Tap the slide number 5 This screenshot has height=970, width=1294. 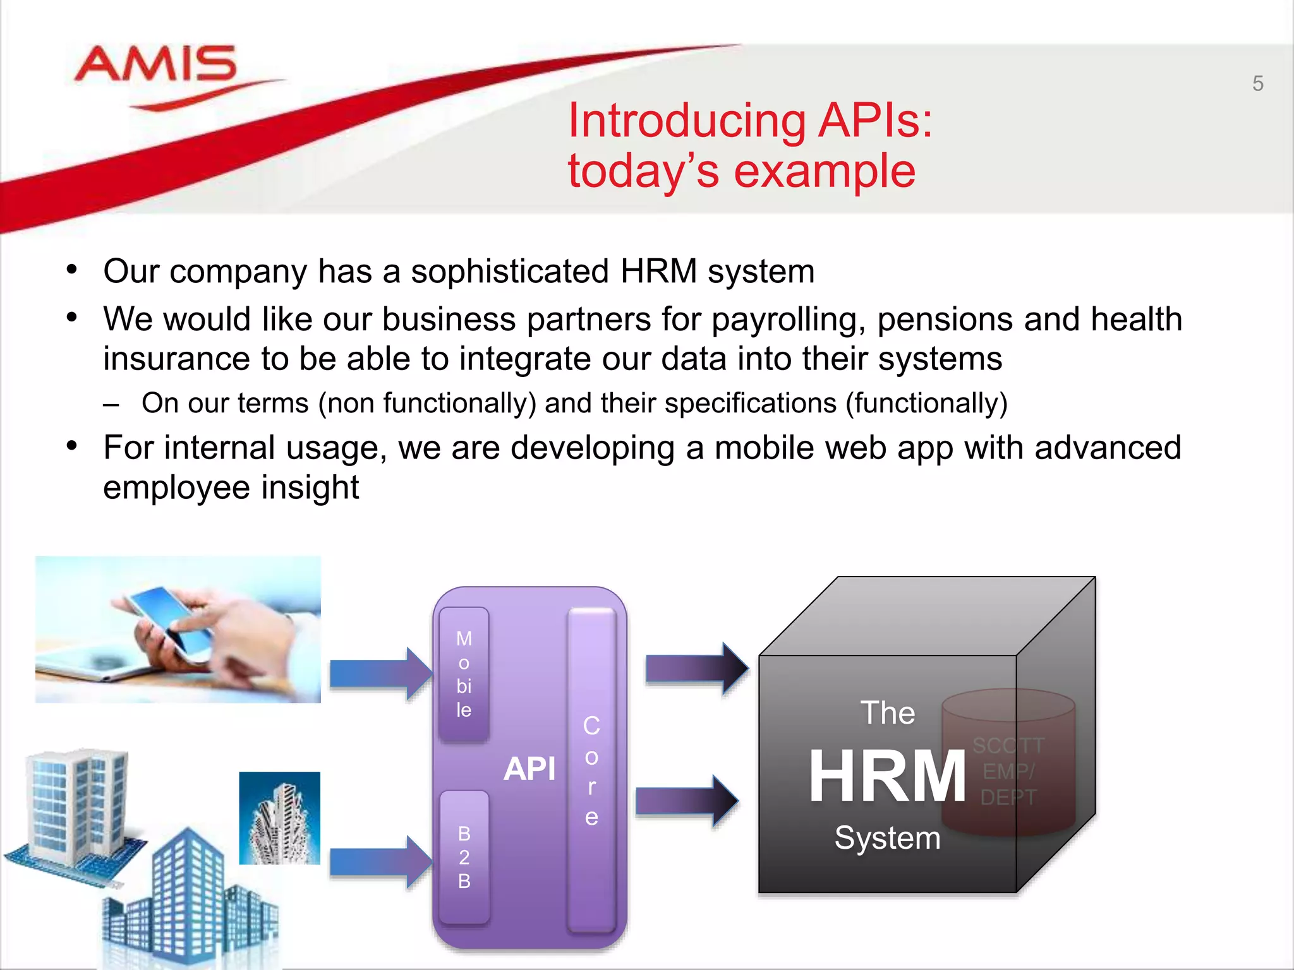(1257, 83)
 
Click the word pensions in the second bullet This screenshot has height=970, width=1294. (945, 320)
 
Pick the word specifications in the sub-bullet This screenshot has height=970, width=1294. (751, 403)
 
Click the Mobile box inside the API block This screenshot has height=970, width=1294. (464, 674)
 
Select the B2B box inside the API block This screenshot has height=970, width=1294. (464, 857)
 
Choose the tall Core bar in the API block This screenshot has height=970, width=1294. (591, 770)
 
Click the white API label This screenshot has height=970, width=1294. (529, 769)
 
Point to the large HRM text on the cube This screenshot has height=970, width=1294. (887, 775)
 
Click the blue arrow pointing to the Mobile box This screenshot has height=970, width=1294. (379, 673)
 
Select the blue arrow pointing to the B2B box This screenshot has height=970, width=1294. (379, 862)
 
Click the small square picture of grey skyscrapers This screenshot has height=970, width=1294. (280, 818)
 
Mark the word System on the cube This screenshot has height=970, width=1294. (887, 838)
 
